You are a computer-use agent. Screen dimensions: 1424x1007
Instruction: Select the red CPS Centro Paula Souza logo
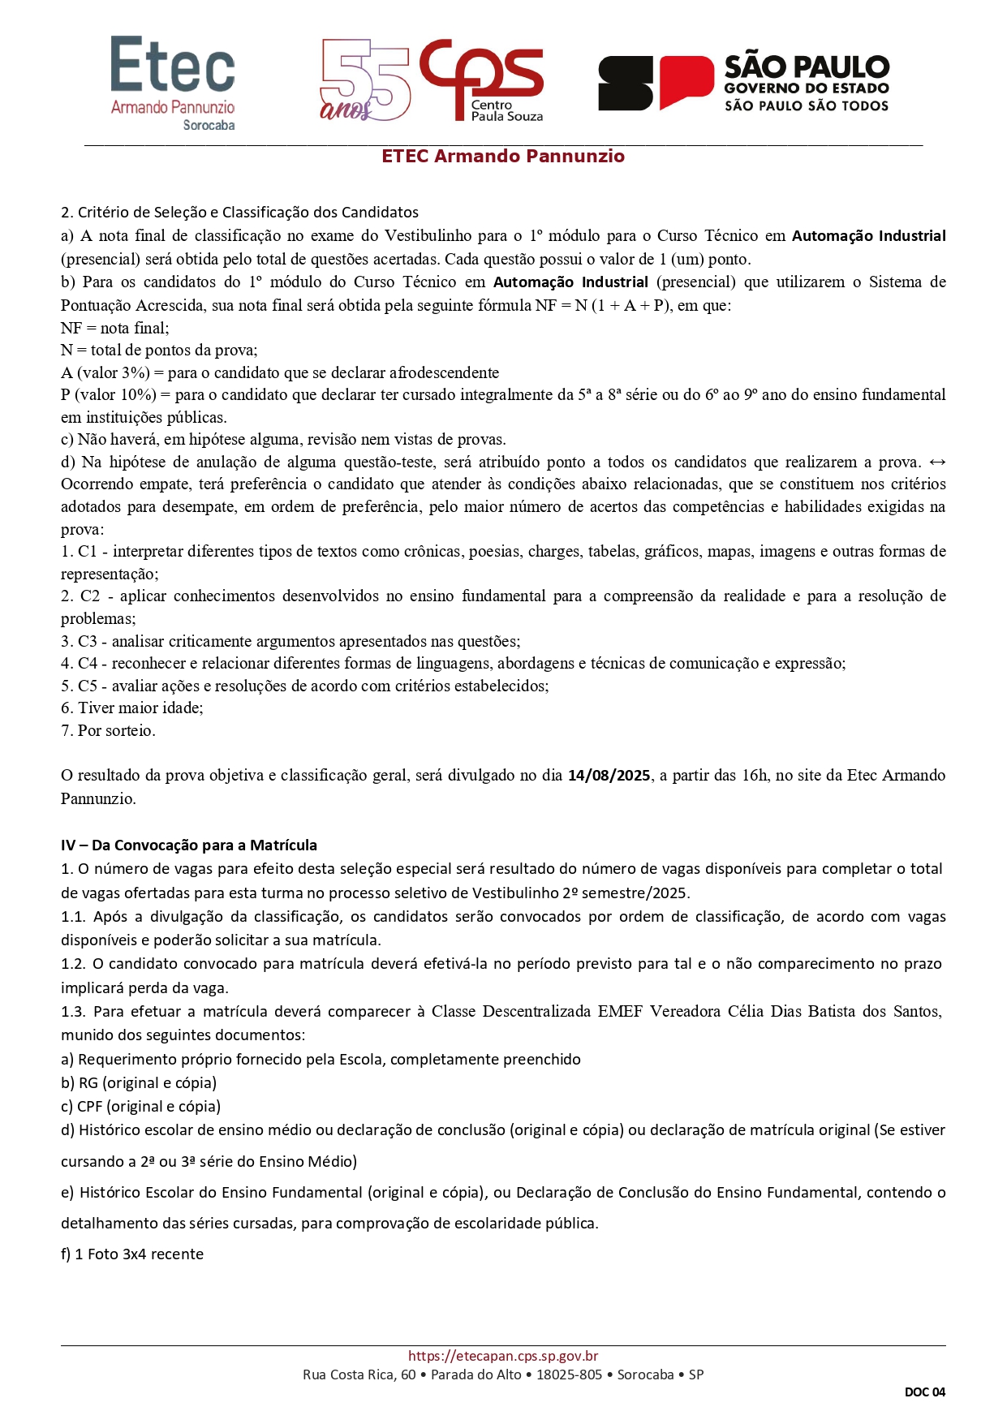483,79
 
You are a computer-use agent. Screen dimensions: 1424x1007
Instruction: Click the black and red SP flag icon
655,82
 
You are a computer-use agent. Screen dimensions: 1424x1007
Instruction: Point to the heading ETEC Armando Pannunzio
503,157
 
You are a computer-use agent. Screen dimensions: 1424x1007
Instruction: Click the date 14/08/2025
609,776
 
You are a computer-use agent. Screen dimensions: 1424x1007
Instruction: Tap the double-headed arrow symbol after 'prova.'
936,462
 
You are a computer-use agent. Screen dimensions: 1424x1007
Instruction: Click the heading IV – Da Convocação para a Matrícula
189,845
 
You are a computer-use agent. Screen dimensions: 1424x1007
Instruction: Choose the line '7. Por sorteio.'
108,731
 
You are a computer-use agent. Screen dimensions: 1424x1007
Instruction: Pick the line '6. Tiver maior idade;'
132,708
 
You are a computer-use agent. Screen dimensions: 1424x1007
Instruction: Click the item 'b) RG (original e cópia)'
139,1083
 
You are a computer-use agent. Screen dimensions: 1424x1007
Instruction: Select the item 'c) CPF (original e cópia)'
140,1107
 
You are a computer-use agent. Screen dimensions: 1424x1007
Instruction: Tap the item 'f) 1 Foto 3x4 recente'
132,1254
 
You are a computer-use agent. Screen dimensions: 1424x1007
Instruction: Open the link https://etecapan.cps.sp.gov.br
503,1356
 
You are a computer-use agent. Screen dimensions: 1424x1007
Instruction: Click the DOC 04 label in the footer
925,1392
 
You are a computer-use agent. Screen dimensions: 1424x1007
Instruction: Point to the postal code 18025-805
569,1375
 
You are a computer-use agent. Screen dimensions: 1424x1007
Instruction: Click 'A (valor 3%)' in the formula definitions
105,373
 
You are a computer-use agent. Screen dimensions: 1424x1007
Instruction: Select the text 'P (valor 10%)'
109,395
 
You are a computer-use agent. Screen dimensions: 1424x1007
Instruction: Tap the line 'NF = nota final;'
115,329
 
